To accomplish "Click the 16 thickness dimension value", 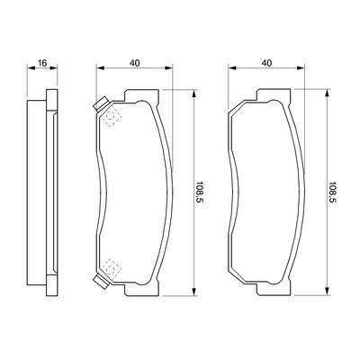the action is (42, 63).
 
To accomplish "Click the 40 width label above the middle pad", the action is (135, 63).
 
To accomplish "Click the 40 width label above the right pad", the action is (266, 63).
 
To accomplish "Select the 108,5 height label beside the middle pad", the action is (199, 193).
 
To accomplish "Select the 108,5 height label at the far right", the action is (332, 193).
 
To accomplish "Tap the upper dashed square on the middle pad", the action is (111, 117).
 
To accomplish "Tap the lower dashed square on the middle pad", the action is (111, 268).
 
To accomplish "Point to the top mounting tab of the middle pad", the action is (142, 95).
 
